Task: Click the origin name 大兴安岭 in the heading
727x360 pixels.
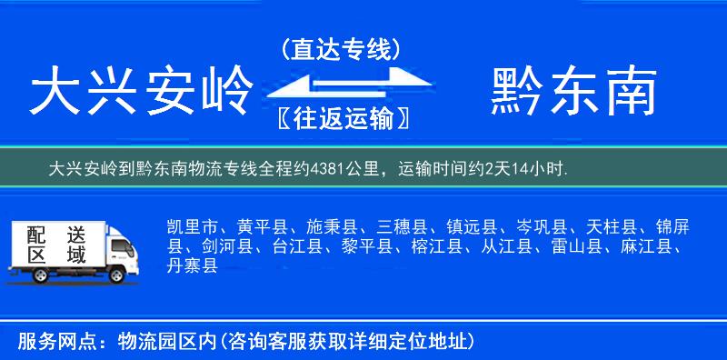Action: (141, 94)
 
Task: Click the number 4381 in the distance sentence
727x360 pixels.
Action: (329, 169)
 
